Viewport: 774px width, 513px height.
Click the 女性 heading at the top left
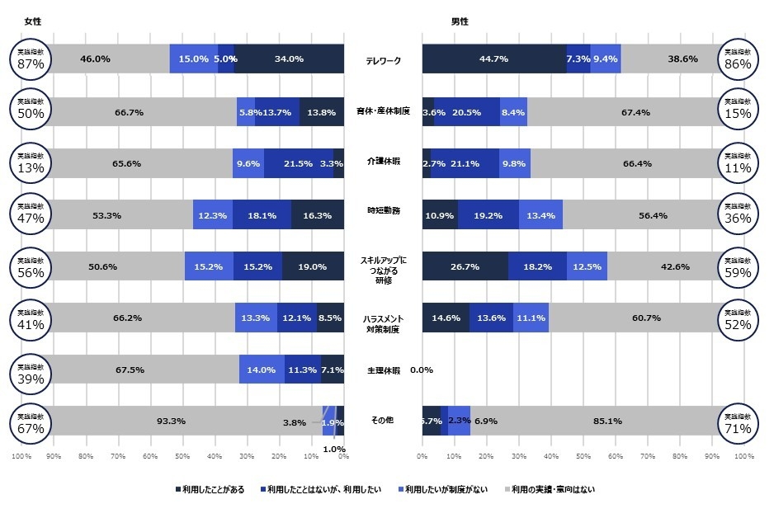point(33,21)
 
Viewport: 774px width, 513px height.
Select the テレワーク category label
point(383,60)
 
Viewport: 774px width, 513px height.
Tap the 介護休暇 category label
point(383,163)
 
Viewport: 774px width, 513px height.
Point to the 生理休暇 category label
point(383,370)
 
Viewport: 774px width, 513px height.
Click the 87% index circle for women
point(31,59)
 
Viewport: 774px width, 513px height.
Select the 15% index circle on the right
point(734,111)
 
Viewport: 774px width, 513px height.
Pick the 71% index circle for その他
point(734,421)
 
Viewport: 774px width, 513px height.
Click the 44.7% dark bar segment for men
point(493,59)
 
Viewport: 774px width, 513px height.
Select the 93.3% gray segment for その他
point(171,421)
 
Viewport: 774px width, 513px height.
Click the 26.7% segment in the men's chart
point(465,266)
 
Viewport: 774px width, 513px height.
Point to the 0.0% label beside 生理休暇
point(421,370)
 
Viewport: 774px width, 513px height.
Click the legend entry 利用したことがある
point(210,489)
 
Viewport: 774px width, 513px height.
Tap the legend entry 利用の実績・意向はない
point(549,489)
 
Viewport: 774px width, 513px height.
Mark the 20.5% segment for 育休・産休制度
point(466,111)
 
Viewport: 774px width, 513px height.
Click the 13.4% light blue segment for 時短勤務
point(540,214)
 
